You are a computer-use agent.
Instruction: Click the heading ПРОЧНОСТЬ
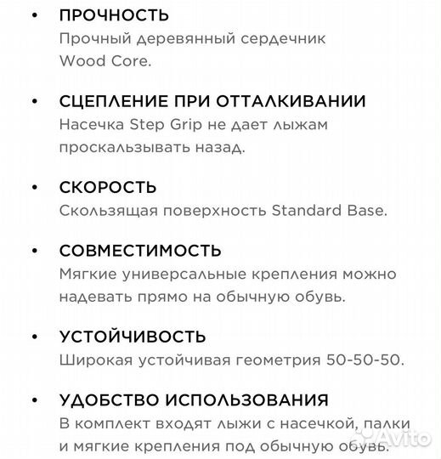tap(114, 15)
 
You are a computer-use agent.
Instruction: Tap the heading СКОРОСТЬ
tap(108, 187)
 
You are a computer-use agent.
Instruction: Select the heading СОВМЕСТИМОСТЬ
tap(140, 251)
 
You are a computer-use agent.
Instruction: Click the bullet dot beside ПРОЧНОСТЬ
tap(34, 16)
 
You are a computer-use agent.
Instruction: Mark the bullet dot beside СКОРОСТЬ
tap(34, 187)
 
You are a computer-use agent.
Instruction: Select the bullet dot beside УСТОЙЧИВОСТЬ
tap(34, 337)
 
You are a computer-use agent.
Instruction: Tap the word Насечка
tap(91, 125)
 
